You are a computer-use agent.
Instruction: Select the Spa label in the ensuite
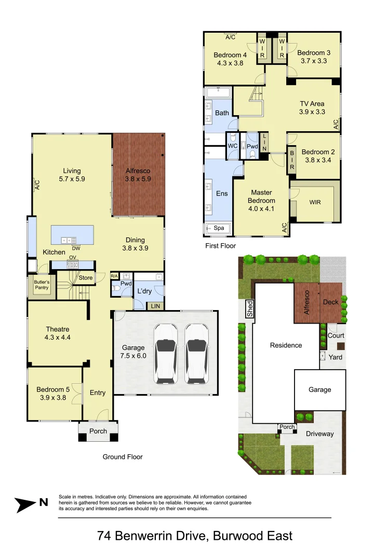(219, 228)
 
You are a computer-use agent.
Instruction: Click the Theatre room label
(57, 329)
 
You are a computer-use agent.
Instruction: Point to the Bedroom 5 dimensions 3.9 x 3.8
(51, 398)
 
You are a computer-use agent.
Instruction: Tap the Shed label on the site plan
(250, 310)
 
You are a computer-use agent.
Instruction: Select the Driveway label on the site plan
(319, 433)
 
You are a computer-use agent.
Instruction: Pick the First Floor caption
(221, 246)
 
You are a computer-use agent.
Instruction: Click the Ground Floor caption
(123, 457)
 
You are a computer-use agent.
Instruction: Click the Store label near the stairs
(86, 278)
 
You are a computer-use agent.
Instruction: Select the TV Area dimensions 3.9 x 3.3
(312, 111)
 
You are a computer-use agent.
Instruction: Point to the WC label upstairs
(233, 146)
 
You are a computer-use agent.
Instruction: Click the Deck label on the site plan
(331, 302)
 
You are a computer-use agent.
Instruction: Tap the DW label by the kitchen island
(76, 248)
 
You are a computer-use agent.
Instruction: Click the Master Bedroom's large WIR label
(315, 201)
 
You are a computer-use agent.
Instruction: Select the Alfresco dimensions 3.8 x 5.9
(137, 179)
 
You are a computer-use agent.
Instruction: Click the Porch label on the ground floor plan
(98, 431)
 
